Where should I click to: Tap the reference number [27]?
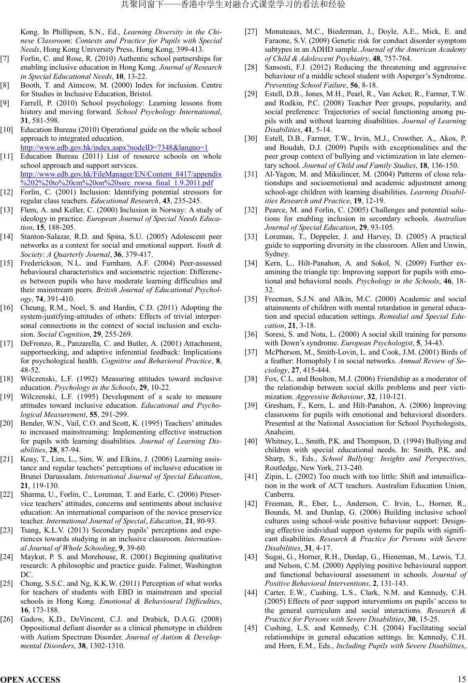pyautogui.click(x=251, y=32)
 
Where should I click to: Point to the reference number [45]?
pyautogui.click(x=251, y=628)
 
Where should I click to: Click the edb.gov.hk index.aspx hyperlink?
pyautogui.click(x=114, y=148)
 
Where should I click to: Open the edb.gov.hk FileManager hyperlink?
pyautogui.click(x=121, y=178)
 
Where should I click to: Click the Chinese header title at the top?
pyautogui.click(x=234, y=5)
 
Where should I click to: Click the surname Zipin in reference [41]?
pyautogui.click(x=274, y=476)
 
